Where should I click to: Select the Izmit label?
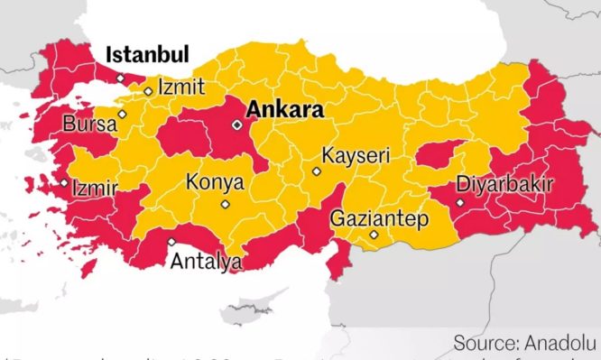click(x=181, y=88)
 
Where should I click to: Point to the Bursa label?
click(x=89, y=124)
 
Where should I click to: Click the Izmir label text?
click(x=95, y=189)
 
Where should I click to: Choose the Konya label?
click(x=215, y=182)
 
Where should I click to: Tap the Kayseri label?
click(x=356, y=155)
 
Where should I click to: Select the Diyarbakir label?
click(x=504, y=184)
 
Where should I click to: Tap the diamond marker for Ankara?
click(x=236, y=125)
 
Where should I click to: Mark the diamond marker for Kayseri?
click(x=316, y=171)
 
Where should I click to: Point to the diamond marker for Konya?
click(x=225, y=204)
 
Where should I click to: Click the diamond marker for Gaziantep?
click(x=374, y=235)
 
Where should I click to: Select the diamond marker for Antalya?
click(x=171, y=241)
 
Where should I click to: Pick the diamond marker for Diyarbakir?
click(x=459, y=203)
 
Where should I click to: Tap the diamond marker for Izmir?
click(x=64, y=183)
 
